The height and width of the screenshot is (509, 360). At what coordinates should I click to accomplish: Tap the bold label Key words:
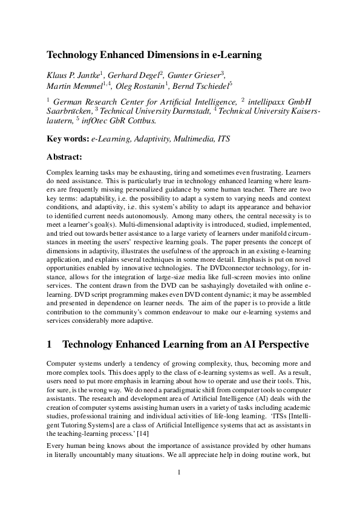[67, 139]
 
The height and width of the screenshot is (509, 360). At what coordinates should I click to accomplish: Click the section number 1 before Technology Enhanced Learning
[49, 345]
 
